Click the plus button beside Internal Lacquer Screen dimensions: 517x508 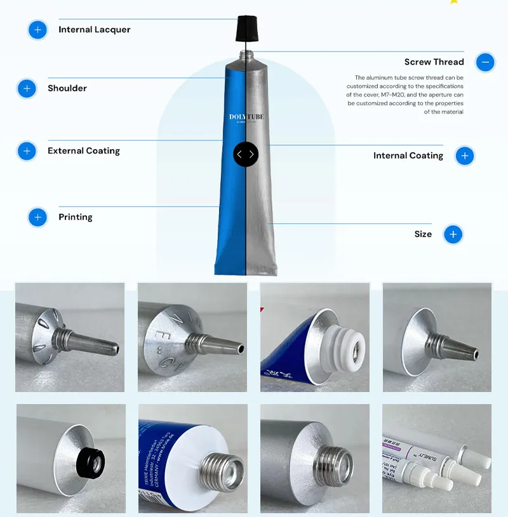click(x=38, y=30)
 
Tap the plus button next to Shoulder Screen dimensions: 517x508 click(x=27, y=88)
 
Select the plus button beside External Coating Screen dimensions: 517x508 click(x=27, y=151)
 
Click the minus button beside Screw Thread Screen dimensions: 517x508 click(x=485, y=62)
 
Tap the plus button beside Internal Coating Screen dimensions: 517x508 click(x=465, y=156)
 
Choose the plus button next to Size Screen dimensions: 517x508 click(x=453, y=235)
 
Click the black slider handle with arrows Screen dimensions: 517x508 click(x=246, y=154)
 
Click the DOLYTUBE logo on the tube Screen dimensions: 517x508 click(x=246, y=117)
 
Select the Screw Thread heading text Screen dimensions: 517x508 click(x=434, y=62)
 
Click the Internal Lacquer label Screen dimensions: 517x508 click(x=95, y=30)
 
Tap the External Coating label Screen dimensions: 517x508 click(x=84, y=151)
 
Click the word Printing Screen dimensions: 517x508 click(x=76, y=217)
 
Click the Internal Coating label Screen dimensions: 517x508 click(x=408, y=156)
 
